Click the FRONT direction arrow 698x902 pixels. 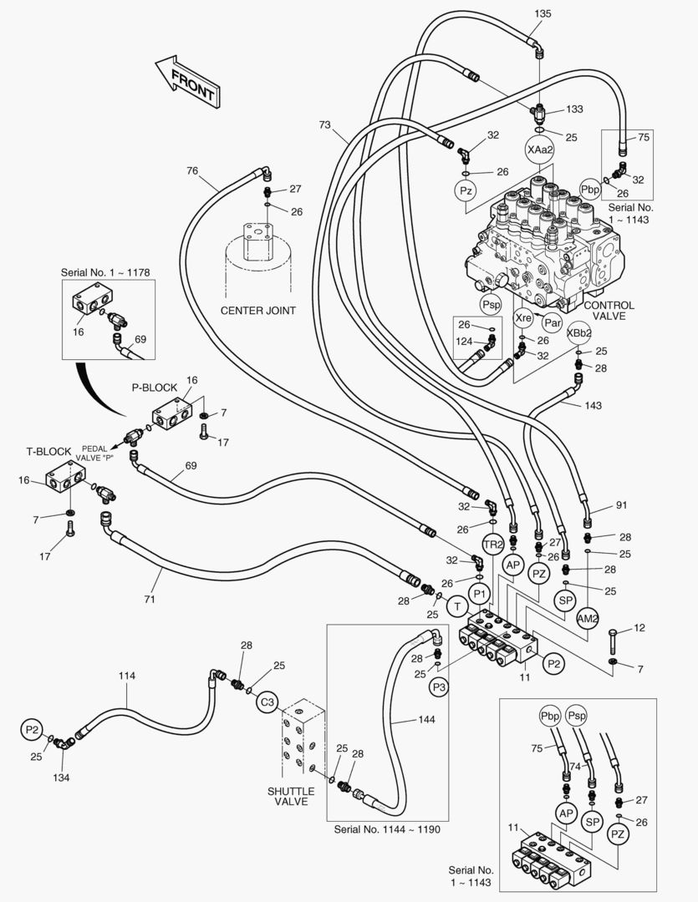click(186, 81)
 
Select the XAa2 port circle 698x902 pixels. click(539, 149)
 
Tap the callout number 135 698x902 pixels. click(543, 13)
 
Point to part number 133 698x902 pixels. click(574, 109)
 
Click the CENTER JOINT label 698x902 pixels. click(258, 310)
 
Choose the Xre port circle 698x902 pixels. click(523, 318)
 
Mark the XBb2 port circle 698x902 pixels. click(579, 332)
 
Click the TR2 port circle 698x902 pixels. click(493, 545)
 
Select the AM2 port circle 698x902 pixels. click(588, 618)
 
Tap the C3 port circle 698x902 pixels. click(267, 702)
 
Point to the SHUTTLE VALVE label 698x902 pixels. click(291, 796)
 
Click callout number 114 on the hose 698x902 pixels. click(126, 676)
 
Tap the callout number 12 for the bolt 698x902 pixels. click(639, 627)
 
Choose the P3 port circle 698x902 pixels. click(440, 687)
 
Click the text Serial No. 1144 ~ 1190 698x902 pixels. click(386, 829)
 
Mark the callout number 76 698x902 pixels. click(192, 171)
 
